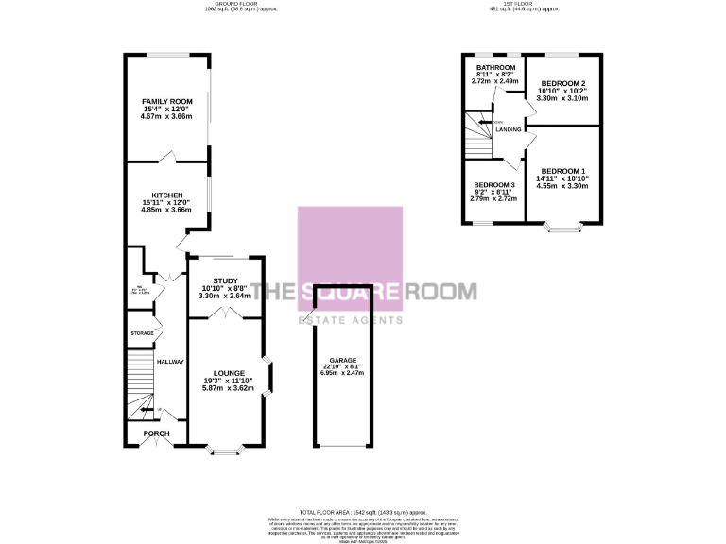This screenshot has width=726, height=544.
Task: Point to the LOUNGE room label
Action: click(229, 373)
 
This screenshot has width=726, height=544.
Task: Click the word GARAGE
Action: click(342, 361)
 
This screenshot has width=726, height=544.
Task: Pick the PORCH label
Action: click(156, 433)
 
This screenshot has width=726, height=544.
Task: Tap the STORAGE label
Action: click(142, 333)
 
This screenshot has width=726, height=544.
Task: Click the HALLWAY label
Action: click(170, 362)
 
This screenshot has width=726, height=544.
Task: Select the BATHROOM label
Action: click(495, 68)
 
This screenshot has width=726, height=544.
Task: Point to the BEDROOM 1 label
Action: click(562, 171)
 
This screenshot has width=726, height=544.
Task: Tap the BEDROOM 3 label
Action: click(494, 184)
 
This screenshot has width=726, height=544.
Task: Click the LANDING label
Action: click(509, 129)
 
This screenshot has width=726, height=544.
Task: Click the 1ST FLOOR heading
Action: click(525, 5)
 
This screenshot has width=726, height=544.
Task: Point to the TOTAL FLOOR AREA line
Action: click(363, 510)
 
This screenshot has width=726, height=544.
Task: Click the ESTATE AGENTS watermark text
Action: click(351, 319)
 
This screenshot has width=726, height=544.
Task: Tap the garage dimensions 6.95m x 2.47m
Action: click(342, 374)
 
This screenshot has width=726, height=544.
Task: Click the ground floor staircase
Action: click(139, 382)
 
